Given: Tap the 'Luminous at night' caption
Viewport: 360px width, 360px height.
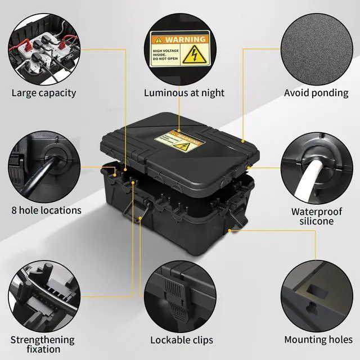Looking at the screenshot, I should [184, 93].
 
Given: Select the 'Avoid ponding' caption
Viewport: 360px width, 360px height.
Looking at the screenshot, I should [316, 93].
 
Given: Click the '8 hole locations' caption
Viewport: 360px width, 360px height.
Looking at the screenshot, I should [46, 210].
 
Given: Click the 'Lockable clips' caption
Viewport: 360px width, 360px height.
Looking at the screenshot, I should [182, 340].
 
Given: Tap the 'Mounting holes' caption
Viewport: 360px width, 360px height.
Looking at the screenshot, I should [318, 340].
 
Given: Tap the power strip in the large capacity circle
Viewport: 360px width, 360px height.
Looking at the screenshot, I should [34, 48].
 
